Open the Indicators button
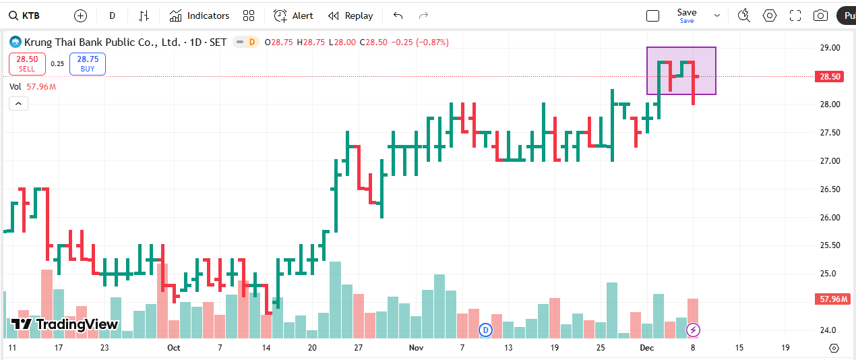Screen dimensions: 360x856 coord(200,16)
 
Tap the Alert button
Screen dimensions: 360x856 coord(294,16)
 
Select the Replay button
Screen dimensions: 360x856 coord(350,16)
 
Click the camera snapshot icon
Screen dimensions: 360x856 coord(820,16)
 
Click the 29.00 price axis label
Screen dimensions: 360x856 coord(830,48)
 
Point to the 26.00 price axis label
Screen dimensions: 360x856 coord(830,217)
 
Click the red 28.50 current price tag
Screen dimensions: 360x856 coord(830,77)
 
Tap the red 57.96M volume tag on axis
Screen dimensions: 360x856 coord(834,299)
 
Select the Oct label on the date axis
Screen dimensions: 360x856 coord(174,348)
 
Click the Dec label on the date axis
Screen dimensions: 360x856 coord(647,348)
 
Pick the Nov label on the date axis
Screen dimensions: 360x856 coord(416,348)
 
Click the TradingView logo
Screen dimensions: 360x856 coord(65,324)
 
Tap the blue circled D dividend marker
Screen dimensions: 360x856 coord(485,330)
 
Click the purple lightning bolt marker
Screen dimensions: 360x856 coord(693,330)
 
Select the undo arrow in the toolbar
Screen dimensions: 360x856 coord(398,16)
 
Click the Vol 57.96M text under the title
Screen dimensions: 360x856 coord(32,86)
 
